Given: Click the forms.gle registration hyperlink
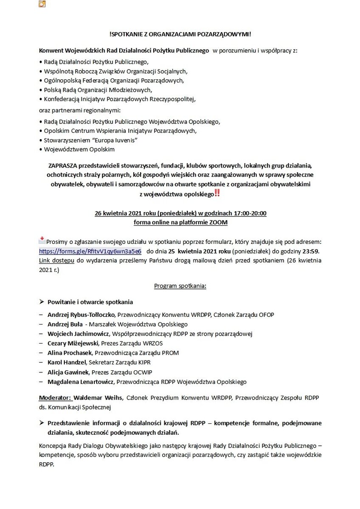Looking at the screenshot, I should (x=90, y=251).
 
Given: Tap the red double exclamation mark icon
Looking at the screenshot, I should (x=217, y=193).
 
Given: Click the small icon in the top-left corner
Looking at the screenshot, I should (x=42, y=5).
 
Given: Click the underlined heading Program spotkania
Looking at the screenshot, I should (x=180, y=286).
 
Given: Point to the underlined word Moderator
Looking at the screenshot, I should (x=55, y=398).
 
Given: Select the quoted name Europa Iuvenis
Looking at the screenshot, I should (x=114, y=140).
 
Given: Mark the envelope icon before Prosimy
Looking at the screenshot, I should (x=42, y=241).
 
